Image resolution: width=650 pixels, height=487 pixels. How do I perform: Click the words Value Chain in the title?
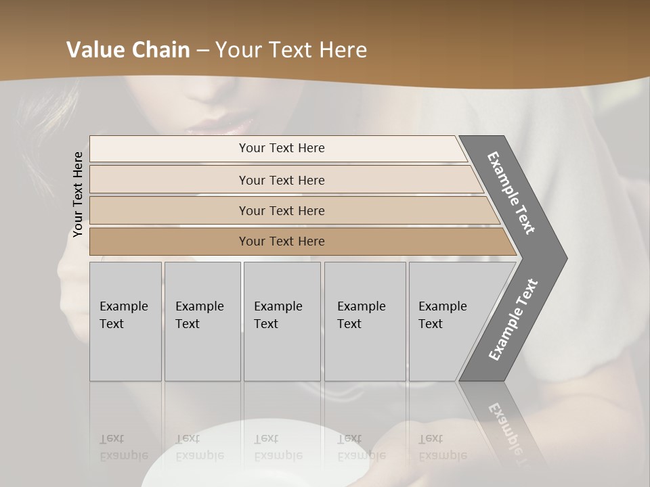[x=128, y=50]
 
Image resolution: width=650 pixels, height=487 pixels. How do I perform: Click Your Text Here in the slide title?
[x=291, y=50]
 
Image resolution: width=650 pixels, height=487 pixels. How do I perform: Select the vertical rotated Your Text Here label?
[x=78, y=194]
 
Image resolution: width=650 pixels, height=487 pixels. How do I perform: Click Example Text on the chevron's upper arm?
[x=511, y=193]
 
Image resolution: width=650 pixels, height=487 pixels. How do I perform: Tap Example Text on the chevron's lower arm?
[x=513, y=320]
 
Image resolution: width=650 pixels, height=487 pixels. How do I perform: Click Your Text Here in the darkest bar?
[x=282, y=241]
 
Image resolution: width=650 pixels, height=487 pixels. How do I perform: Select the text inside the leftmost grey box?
[x=123, y=315]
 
